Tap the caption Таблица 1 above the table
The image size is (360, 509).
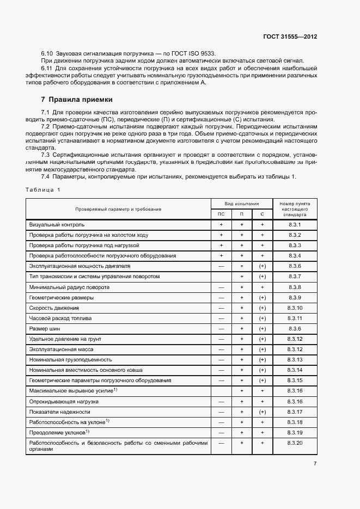[42, 189]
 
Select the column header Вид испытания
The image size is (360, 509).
[241, 203]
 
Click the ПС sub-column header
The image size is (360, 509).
[221, 214]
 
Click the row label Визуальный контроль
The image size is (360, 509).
[57, 225]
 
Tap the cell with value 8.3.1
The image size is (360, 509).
[295, 225]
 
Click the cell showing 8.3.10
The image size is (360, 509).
[295, 308]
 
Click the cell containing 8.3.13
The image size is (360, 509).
[295, 360]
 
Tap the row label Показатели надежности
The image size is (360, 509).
[59, 412]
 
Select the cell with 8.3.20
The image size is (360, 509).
[295, 443]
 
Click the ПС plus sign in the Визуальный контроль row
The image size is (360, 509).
[221, 225]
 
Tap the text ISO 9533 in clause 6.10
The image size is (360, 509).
[202, 53]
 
